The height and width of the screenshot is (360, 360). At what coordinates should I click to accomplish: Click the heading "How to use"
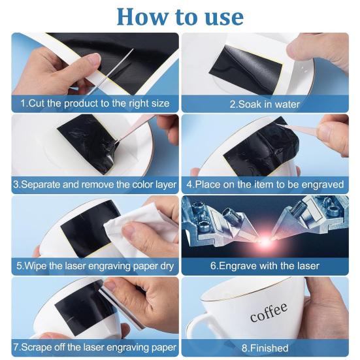pyautogui.click(x=180, y=16)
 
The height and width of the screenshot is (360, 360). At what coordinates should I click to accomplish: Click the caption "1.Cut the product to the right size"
pyautogui.click(x=95, y=103)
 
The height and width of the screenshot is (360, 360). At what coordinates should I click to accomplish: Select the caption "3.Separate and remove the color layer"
pyautogui.click(x=95, y=185)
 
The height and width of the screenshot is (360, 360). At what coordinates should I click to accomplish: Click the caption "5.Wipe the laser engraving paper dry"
pyautogui.click(x=95, y=267)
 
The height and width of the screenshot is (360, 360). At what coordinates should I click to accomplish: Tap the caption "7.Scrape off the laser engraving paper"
pyautogui.click(x=95, y=348)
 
